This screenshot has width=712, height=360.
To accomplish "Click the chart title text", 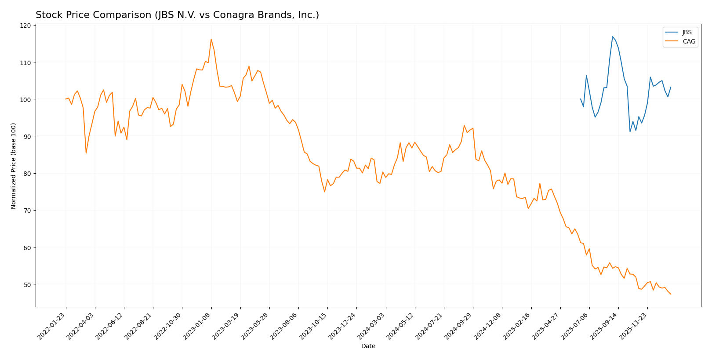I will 177,15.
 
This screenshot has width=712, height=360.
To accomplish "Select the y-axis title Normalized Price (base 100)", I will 14,166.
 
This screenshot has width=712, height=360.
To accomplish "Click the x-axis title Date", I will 368,346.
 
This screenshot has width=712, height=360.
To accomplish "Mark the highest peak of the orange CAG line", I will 211,39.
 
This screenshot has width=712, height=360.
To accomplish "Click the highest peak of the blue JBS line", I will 612,36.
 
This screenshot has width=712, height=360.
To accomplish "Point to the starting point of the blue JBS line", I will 581,99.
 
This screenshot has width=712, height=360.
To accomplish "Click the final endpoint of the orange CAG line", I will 671,294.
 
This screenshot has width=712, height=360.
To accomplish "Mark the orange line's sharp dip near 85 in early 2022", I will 86,153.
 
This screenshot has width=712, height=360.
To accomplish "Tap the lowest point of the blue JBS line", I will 630,132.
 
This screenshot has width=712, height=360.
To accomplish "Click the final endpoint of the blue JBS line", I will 671,87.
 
